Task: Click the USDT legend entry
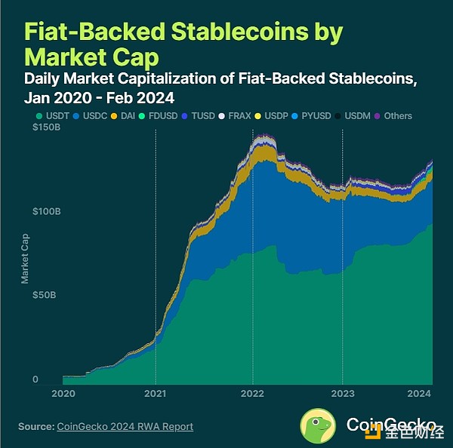coord(53,116)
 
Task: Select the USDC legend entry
coord(91,116)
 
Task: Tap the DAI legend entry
coord(128,116)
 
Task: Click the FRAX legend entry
coord(240,116)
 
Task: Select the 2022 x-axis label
coord(252,393)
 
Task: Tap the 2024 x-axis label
coord(419,393)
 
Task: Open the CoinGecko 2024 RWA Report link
coord(125,427)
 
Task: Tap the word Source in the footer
coord(35,427)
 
